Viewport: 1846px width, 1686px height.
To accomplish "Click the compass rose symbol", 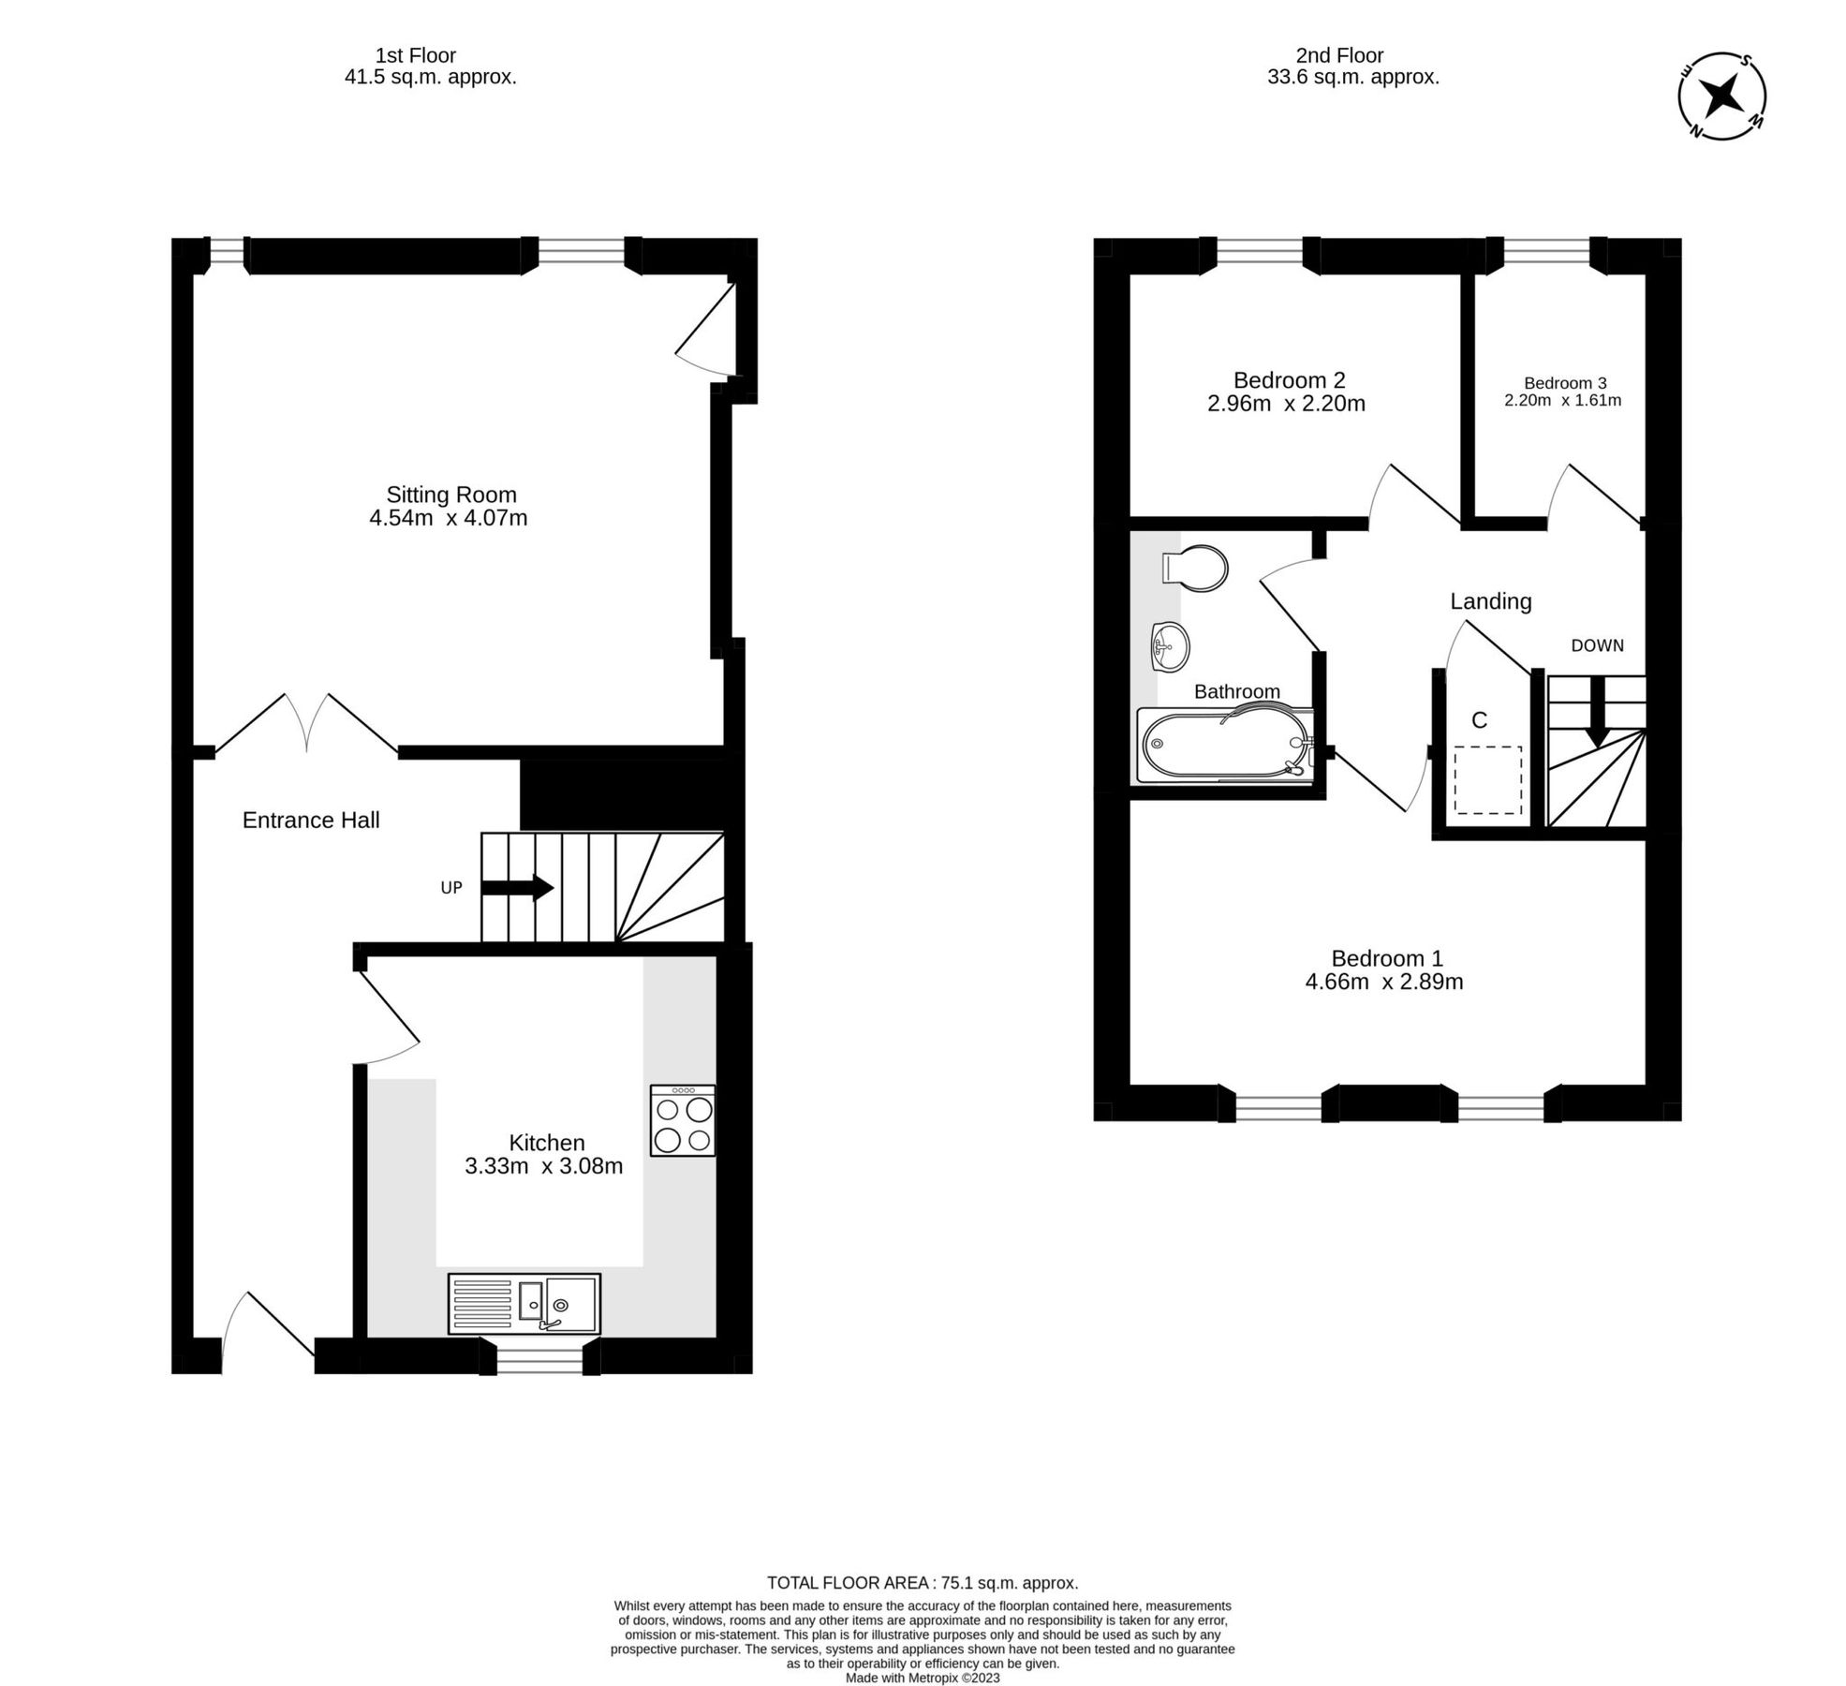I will point(1720,96).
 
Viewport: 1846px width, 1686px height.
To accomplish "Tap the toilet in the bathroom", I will point(1195,568).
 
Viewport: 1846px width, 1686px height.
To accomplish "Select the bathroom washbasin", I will point(1168,646).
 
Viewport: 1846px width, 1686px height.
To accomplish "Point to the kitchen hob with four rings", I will point(683,1120).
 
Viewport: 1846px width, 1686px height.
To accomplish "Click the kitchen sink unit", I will point(524,1303).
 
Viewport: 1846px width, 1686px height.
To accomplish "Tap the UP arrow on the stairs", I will point(516,887).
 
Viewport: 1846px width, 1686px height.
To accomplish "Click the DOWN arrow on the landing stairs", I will point(1597,711).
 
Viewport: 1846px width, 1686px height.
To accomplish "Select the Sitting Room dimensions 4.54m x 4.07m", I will point(448,518).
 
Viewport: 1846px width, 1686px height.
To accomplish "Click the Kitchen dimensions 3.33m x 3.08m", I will point(543,1166).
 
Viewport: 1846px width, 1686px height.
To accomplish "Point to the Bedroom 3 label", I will point(1564,382).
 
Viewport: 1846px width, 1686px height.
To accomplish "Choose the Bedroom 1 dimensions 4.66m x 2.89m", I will point(1383,982).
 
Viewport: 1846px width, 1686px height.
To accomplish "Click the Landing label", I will point(1490,601).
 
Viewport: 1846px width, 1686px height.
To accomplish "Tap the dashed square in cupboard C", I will point(1487,779).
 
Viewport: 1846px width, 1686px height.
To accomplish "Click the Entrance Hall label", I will point(311,821).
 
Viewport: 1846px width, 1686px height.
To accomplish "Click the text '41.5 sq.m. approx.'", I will point(430,78).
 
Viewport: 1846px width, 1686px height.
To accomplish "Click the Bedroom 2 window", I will point(1259,250).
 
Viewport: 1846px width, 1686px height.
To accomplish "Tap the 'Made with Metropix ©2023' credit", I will point(923,1678).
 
